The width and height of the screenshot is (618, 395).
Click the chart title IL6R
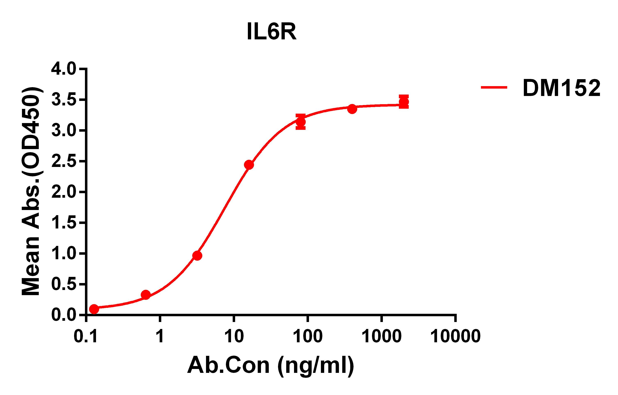coord(271,32)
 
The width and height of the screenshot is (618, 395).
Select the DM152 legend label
coord(561,88)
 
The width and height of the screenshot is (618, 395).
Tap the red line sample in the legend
coord(494,87)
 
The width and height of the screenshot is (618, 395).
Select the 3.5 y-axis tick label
coord(64,100)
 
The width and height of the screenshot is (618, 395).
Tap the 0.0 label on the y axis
coord(64,315)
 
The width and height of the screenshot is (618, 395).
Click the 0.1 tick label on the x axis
coord(86,336)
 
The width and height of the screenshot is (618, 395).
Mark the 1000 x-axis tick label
coord(381,336)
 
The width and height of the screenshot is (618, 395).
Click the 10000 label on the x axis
coord(455,336)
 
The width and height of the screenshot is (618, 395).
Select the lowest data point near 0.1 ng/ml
coord(94,309)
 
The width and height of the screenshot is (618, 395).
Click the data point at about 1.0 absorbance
coord(197,256)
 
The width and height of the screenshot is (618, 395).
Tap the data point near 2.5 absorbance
coord(249,165)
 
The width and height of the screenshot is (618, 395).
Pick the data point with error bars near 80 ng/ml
coord(301,122)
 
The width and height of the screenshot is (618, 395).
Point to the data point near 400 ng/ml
coord(352,109)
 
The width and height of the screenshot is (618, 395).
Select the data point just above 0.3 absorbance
coord(145,295)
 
